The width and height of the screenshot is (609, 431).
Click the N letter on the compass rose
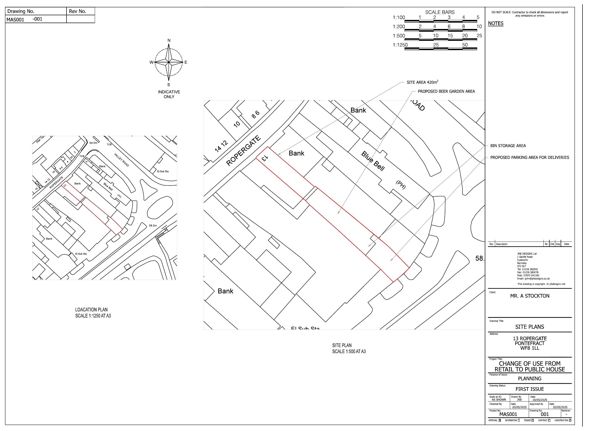(x=169, y=40)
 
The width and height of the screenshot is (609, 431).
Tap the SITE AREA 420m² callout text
(x=422, y=82)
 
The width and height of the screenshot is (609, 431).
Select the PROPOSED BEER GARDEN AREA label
(x=446, y=91)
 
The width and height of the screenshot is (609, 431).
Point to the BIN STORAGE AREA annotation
(x=508, y=146)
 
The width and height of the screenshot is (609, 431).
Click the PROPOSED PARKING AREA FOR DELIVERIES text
(x=529, y=158)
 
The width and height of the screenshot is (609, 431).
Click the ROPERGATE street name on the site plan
(x=243, y=151)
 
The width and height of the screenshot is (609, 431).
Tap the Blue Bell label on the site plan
(x=373, y=161)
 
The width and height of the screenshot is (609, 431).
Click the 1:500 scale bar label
(x=399, y=36)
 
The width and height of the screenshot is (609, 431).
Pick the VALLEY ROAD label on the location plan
(x=122, y=160)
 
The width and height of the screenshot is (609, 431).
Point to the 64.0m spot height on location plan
(x=93, y=143)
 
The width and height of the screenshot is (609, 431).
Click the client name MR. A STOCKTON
(x=529, y=296)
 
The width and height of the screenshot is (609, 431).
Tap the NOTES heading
(x=496, y=23)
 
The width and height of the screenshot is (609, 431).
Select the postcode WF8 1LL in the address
(x=529, y=348)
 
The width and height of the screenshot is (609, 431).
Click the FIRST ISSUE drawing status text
(x=529, y=389)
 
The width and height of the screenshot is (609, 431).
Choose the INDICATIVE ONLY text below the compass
(x=169, y=94)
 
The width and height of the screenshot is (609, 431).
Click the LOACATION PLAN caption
(x=91, y=310)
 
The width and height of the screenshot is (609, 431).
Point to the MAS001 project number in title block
(x=508, y=414)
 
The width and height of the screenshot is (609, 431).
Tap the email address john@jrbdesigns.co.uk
(x=533, y=279)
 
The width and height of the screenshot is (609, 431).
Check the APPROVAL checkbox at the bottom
(x=500, y=420)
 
